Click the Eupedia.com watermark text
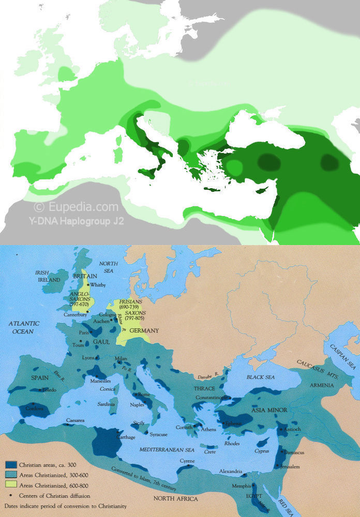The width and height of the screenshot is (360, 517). click(x=76, y=207)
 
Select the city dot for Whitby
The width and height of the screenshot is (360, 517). click(x=89, y=284)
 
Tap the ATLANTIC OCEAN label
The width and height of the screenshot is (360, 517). click(x=23, y=327)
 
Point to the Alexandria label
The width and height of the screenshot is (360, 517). click(x=230, y=471)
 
